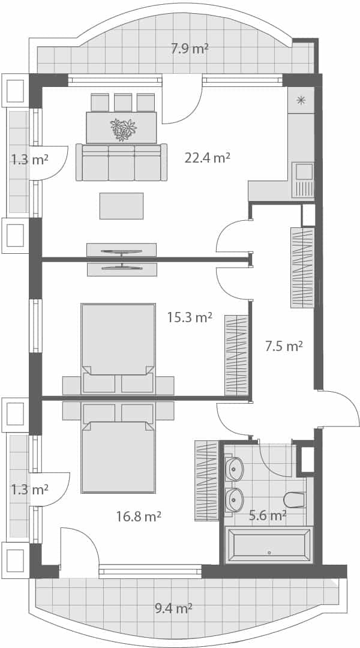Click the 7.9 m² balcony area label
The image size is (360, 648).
pyautogui.click(x=190, y=49)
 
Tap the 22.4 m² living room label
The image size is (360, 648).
pyautogui.click(x=208, y=158)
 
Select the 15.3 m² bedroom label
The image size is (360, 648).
pyautogui.click(x=190, y=317)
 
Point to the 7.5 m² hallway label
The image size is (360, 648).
pyautogui.click(x=284, y=346)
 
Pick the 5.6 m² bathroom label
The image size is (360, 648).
pyautogui.click(x=268, y=515)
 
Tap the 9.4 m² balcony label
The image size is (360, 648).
pyautogui.click(x=173, y=608)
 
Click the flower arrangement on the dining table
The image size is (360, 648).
pyautogui.click(x=123, y=129)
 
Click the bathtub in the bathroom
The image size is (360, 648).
pyautogui.click(x=268, y=545)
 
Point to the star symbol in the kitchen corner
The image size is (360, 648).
pyautogui.click(x=301, y=100)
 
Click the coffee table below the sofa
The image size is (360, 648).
pyautogui.click(x=121, y=206)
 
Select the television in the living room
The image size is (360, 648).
pyautogui.click(x=122, y=252)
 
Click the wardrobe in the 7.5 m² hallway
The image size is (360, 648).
pyautogui.click(x=302, y=268)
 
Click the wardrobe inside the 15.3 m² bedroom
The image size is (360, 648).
pyautogui.click(x=236, y=356)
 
